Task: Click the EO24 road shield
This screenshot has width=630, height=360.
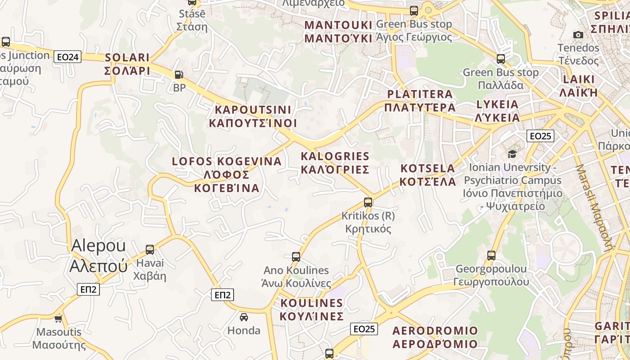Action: pyautogui.click(x=67, y=57)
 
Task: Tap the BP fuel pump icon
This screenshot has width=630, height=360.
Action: pyautogui.click(x=179, y=75)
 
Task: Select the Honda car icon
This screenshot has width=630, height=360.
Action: pyautogui.click(x=243, y=317)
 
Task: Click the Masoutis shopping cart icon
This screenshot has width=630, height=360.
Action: pyautogui.click(x=58, y=319)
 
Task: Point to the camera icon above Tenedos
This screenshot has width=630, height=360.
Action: pyautogui.click(x=578, y=35)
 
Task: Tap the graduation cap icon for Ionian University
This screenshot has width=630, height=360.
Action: pyautogui.click(x=512, y=154)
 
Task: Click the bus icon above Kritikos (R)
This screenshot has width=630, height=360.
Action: pyautogui.click(x=368, y=202)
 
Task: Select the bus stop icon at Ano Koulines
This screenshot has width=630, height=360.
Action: pyautogui.click(x=296, y=257)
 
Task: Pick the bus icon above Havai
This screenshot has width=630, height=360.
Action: pyautogui.click(x=150, y=250)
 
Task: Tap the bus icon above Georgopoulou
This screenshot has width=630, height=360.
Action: pyautogui.click(x=491, y=256)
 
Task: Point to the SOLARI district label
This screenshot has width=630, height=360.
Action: pyautogui.click(x=127, y=64)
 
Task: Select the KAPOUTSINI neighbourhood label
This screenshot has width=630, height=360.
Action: pyautogui.click(x=253, y=116)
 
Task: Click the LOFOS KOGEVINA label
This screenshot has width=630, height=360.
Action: pyautogui.click(x=227, y=174)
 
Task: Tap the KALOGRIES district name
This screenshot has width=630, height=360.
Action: pyautogui.click(x=335, y=163)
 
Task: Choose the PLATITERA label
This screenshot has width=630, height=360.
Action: pyautogui.click(x=420, y=100)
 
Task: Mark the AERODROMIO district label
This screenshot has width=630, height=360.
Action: pyautogui.click(x=435, y=337)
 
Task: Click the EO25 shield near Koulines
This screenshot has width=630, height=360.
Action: pyautogui.click(x=364, y=329)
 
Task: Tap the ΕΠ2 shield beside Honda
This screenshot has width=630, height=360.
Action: pyautogui.click(x=222, y=295)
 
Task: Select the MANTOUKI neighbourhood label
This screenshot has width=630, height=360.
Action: pyautogui.click(x=338, y=31)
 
